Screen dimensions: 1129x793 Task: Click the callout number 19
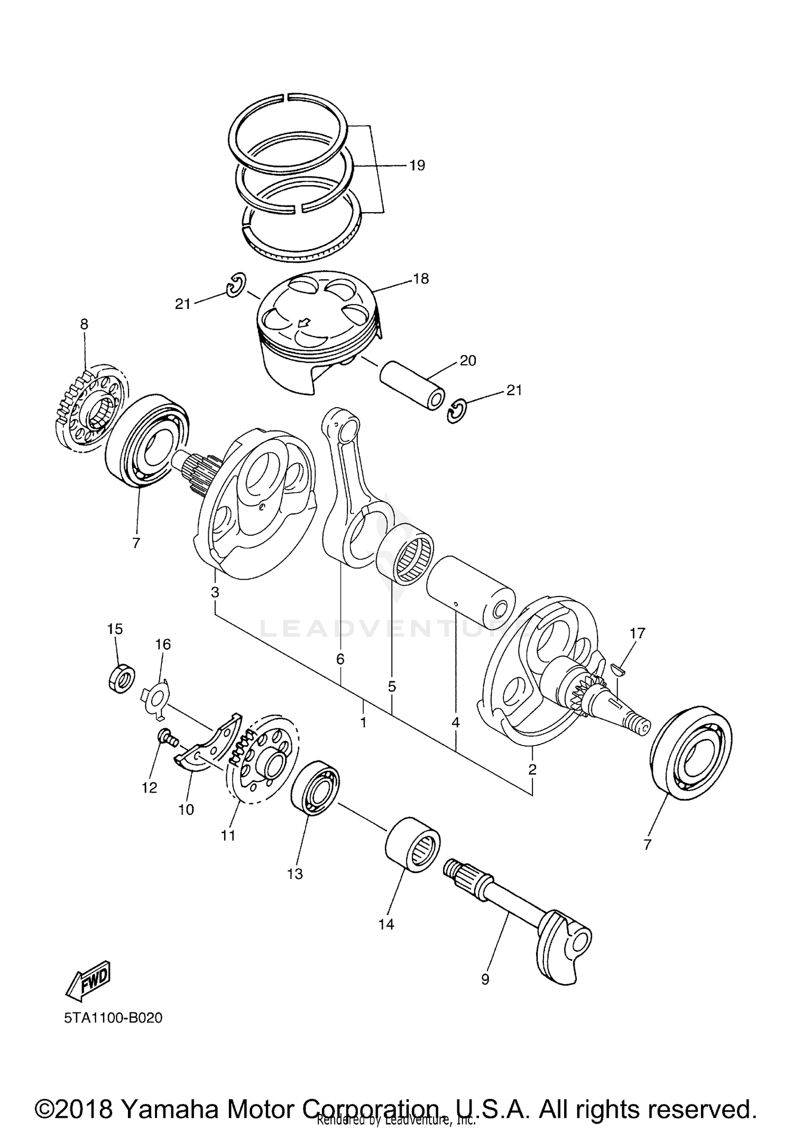click(417, 166)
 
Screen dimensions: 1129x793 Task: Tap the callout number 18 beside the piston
click(421, 279)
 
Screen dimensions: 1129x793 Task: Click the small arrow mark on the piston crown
click(305, 322)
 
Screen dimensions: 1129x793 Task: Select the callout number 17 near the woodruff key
click(638, 633)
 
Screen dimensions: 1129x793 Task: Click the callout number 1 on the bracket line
click(364, 722)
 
